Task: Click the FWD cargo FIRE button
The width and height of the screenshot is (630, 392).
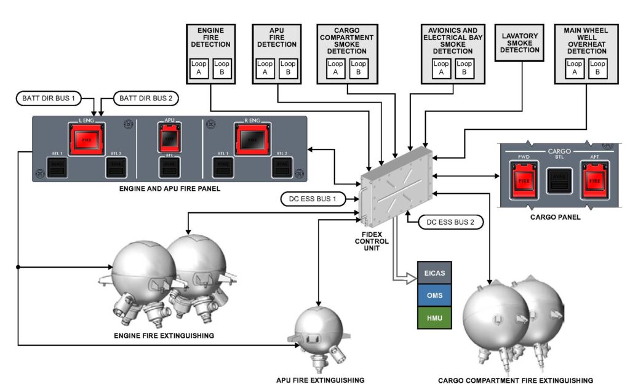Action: pyautogui.click(x=524, y=182)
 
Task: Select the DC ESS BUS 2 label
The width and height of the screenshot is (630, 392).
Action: pyautogui.click(x=450, y=222)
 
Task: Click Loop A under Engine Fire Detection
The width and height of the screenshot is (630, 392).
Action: pyautogui.click(x=198, y=68)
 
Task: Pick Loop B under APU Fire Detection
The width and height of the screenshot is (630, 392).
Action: pyautogui.click(x=288, y=68)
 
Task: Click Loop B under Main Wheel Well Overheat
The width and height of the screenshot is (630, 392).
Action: pyautogui.click(x=597, y=68)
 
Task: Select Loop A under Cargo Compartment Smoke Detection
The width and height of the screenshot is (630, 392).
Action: pyautogui.click(x=335, y=68)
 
